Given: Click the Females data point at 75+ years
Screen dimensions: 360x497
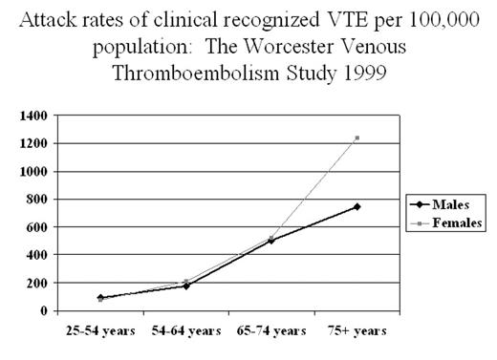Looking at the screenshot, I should (357, 138).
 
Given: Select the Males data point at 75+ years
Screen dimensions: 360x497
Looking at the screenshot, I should (357, 206).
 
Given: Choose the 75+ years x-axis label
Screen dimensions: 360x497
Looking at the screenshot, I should (357, 331).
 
